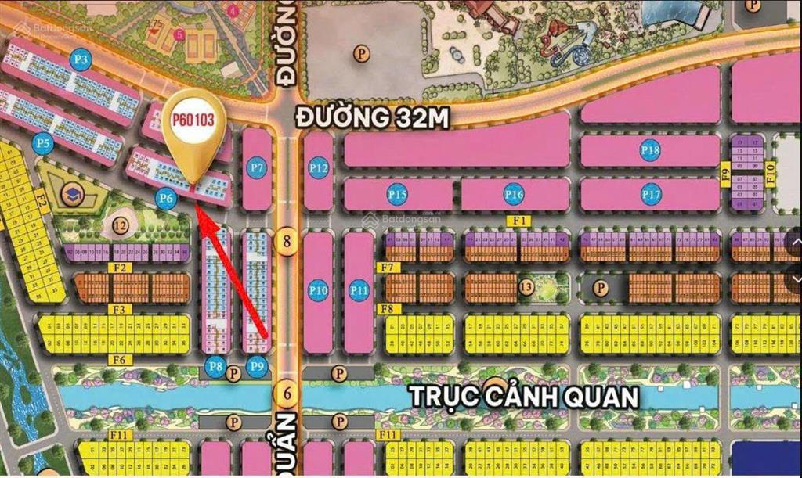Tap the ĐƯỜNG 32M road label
point(372,117)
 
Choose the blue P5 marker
point(43,143)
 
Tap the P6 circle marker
point(165,199)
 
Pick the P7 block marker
point(256,167)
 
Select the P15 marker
point(398,195)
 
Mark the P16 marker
point(514,195)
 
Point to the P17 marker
point(651,193)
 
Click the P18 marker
point(650,150)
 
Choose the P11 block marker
point(359,291)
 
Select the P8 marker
point(215,365)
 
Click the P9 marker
point(255,365)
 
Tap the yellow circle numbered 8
point(287,241)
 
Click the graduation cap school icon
point(73,192)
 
